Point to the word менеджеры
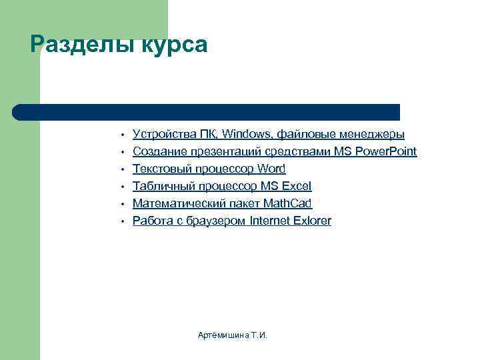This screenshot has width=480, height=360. [371, 134]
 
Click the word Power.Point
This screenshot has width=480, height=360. [386, 151]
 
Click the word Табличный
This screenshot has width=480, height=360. [159, 186]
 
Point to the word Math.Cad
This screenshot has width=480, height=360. [287, 203]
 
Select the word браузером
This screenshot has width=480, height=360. [213, 221]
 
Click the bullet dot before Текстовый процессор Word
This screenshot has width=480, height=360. [123, 169]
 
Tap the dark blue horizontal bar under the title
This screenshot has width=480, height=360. [207, 111]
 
